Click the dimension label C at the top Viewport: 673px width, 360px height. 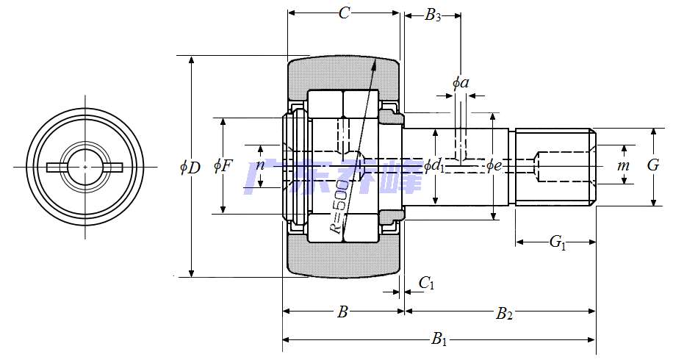344,12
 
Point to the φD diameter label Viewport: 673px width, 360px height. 190,168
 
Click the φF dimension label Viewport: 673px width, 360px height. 223,166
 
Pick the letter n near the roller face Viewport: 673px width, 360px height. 259,166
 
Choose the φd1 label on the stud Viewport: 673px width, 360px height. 435,166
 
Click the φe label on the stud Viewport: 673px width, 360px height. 494,166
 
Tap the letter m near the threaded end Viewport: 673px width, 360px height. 623,166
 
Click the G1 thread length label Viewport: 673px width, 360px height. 558,242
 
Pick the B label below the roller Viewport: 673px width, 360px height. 342,313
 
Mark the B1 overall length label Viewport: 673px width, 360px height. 439,339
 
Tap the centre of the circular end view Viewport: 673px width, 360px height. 86,168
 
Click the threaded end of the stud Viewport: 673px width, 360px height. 555,168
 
